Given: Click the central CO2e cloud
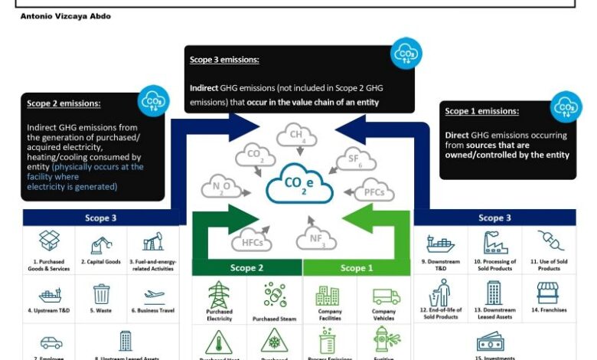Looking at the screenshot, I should pos(298,185).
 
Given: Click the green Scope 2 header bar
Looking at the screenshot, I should pos(246,268).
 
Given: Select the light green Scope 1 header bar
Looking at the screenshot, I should pos(352,268).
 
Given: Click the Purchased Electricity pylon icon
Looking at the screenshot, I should pos(220,294).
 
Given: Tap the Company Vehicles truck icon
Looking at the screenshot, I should pos(384,296).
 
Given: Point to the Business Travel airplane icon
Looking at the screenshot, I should pos(153,293).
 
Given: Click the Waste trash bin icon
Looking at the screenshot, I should pos(102,294).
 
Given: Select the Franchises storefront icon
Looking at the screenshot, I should pos(547,292).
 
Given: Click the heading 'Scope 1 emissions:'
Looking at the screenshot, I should pos(481,111).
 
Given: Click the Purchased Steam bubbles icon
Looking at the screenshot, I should pos(275,295).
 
